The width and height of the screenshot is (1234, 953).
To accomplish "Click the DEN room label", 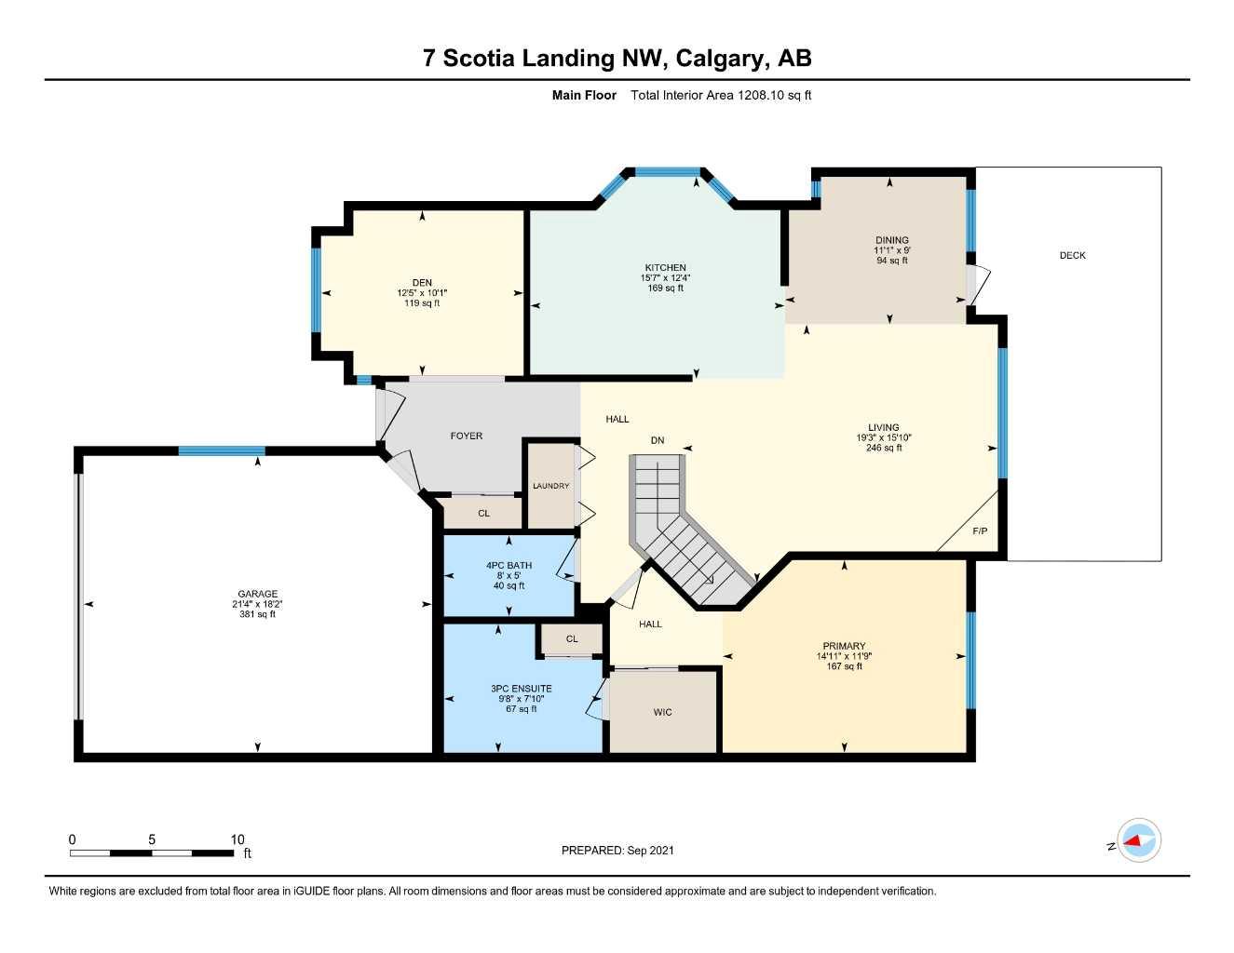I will point(422,283).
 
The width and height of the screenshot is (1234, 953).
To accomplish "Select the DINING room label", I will point(891,240).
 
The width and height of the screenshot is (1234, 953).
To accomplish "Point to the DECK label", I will point(1072,255).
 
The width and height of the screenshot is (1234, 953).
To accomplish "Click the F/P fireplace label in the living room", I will point(980,531).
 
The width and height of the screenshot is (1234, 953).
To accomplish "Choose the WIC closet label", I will point(662,713).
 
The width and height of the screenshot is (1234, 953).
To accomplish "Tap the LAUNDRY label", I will point(550,486).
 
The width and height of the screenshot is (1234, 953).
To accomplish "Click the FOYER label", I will point(467,436).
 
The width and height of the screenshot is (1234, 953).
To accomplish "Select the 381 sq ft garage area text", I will point(257,614).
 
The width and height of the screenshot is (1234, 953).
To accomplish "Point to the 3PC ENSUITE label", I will point(522,689).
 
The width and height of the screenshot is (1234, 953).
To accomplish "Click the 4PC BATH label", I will point(509,565).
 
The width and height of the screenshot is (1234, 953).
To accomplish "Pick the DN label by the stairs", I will point(658,440).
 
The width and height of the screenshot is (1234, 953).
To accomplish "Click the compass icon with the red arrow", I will point(1138,841).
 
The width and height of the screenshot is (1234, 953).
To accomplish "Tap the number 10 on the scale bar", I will point(237,839).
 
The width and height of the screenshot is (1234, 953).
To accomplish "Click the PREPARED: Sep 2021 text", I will point(617,850).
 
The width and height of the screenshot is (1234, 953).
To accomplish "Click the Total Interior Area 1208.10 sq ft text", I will point(721,95).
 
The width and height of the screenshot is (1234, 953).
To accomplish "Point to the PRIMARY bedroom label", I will point(844,646).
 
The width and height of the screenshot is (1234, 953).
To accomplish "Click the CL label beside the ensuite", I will point(572,638).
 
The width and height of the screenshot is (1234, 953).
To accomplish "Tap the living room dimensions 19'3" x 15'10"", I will point(884,437).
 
